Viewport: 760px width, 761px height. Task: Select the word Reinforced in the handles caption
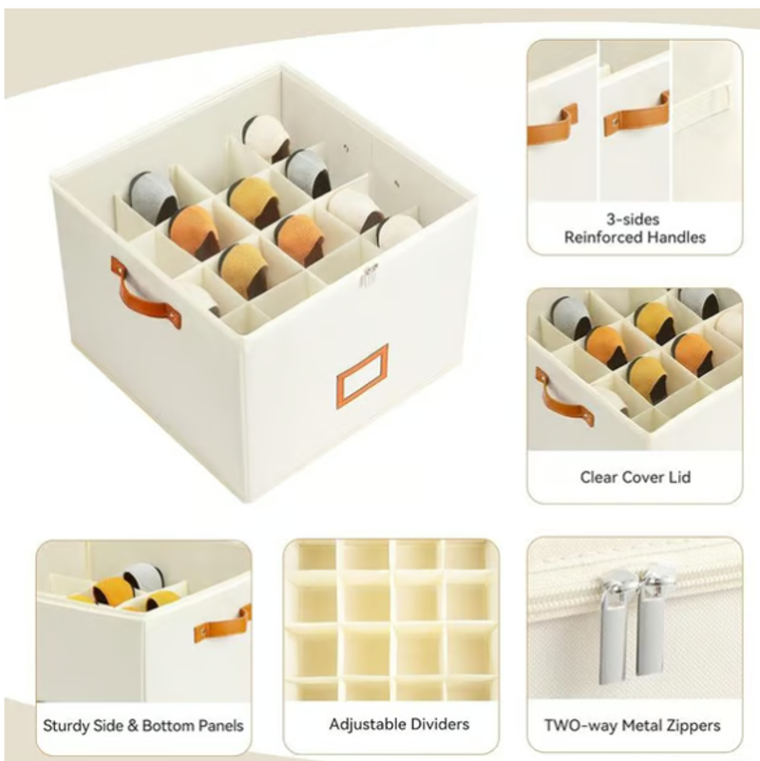(600, 238)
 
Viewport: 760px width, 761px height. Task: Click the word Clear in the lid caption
(598, 478)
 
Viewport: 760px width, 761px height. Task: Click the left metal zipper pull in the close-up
(612, 626)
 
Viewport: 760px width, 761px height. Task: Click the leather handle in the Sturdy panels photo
(221, 624)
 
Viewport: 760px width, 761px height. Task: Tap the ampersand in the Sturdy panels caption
(132, 726)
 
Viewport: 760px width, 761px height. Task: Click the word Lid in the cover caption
(679, 478)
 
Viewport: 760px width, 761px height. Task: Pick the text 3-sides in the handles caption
(633, 219)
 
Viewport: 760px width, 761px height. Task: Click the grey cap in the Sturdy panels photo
(142, 577)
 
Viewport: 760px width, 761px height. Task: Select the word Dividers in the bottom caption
(440, 724)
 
